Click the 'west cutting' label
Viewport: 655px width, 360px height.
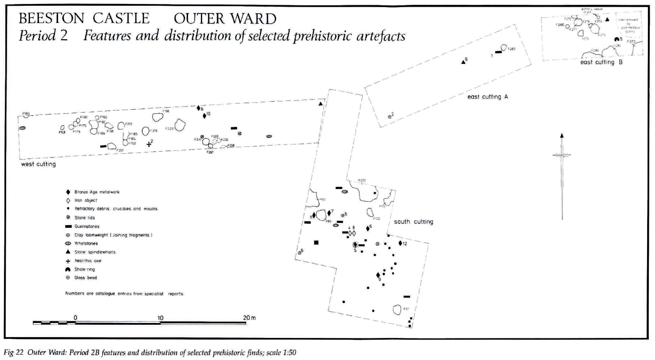click(38, 164)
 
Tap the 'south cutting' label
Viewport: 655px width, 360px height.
click(413, 222)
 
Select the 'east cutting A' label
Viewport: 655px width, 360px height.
click(488, 96)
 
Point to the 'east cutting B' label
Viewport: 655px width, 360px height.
click(601, 62)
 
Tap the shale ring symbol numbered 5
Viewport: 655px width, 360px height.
click(617, 40)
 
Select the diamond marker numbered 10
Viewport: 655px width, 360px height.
click(204, 115)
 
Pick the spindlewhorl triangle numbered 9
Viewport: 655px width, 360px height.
click(463, 62)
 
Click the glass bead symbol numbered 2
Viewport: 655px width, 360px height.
click(389, 117)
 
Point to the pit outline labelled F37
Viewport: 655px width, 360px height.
click(397, 310)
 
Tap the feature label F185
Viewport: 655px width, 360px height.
click(26, 114)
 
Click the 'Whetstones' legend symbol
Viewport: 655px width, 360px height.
click(68, 243)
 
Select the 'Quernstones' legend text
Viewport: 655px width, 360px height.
click(87, 226)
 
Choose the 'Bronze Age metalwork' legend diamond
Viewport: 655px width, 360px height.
click(68, 192)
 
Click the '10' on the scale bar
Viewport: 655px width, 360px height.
click(160, 318)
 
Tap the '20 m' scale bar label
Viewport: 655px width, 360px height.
click(249, 318)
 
